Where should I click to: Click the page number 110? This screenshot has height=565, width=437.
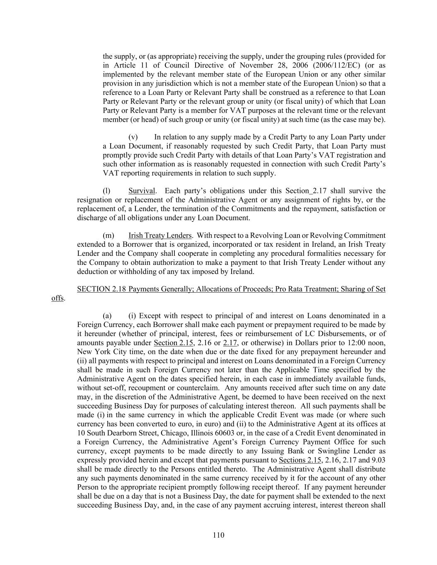point(218,535)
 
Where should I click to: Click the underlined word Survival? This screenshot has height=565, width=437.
point(142,191)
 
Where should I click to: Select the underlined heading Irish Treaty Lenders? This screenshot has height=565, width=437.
point(160,236)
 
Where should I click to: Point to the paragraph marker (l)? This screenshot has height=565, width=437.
point(106,191)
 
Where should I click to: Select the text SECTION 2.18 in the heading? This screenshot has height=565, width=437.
point(101,289)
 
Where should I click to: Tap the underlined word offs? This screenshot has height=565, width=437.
point(57,298)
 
